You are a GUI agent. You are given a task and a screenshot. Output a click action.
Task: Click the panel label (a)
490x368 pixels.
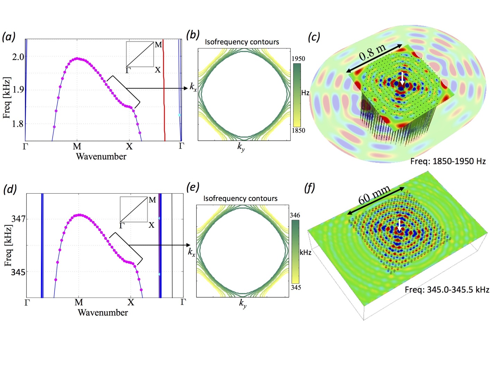pyautogui.click(x=9, y=36)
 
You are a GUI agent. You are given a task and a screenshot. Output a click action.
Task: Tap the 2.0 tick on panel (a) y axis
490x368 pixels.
pyautogui.click(x=18, y=57)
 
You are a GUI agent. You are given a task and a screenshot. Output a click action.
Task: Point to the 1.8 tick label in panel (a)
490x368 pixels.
pyautogui.click(x=18, y=124)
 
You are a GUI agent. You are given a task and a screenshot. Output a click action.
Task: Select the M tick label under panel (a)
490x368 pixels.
pyautogui.click(x=77, y=147)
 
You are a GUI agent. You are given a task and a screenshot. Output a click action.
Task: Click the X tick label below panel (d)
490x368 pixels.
pyautogui.click(x=130, y=302)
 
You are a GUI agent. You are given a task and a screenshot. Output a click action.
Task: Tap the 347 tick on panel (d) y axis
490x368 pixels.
pyautogui.click(x=18, y=219)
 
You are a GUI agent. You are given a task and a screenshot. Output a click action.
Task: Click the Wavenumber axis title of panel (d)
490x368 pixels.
pyautogui.click(x=103, y=312)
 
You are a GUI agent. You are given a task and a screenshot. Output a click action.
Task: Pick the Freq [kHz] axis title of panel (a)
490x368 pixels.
pyautogui.click(x=7, y=98)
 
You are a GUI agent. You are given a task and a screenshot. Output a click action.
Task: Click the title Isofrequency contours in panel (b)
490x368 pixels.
pyautogui.click(x=242, y=42)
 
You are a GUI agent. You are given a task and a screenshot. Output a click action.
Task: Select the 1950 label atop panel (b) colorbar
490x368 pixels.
pyautogui.click(x=298, y=59)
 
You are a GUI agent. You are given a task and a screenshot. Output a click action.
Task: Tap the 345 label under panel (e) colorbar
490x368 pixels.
pyautogui.click(x=296, y=287)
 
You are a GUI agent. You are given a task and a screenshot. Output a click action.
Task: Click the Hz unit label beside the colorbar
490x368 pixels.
pyautogui.click(x=305, y=93)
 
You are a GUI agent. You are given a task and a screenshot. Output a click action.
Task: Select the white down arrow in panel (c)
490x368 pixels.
pyautogui.click(x=402, y=79)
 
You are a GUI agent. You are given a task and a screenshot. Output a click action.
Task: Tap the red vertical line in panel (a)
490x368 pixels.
pyautogui.click(x=164, y=90)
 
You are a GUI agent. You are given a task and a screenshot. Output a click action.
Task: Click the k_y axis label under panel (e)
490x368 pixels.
pyautogui.click(x=243, y=304)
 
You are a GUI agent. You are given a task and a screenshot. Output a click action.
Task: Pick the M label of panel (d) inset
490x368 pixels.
pyautogui.click(x=152, y=200)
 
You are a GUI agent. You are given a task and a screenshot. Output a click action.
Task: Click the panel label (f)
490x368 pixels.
pyautogui.click(x=310, y=188)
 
